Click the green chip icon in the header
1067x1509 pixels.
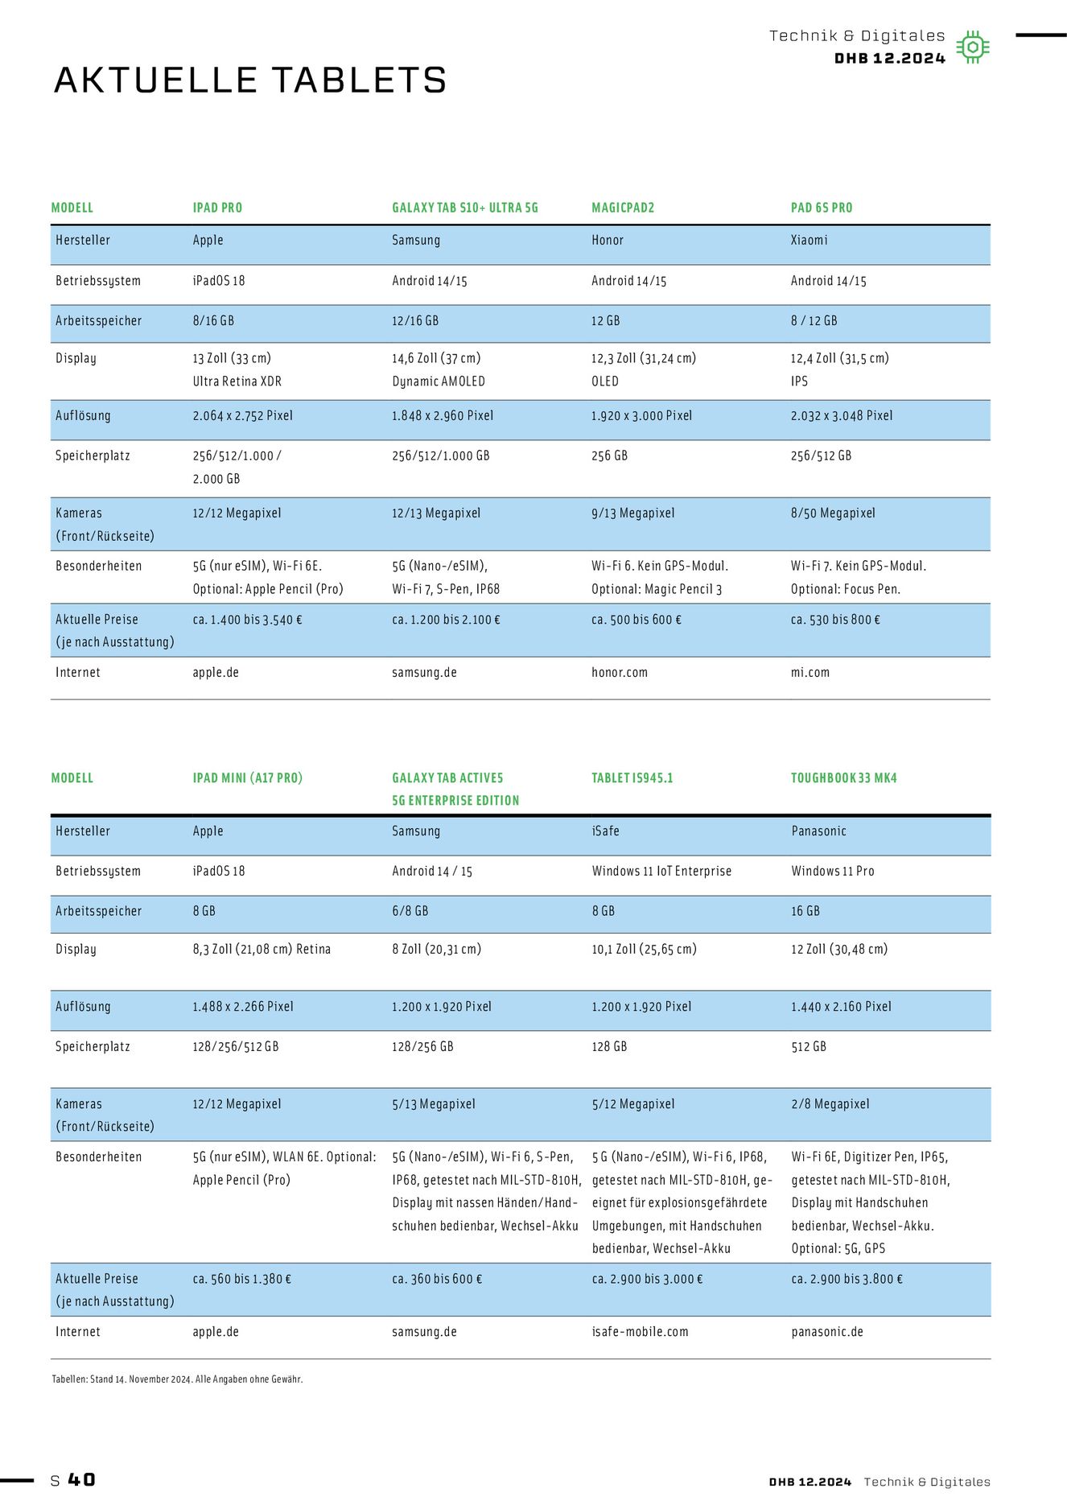pyautogui.click(x=973, y=47)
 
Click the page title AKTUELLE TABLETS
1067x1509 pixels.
pyautogui.click(x=250, y=80)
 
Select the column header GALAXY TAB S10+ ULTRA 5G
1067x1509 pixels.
pyautogui.click(x=464, y=208)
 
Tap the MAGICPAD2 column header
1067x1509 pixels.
pyautogui.click(x=623, y=208)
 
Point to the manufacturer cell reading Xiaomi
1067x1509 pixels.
pyautogui.click(x=809, y=240)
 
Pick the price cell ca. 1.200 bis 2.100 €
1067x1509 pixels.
pyautogui.click(x=446, y=620)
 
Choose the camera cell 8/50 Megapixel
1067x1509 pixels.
pyautogui.click(x=833, y=513)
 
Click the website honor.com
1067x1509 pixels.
pyautogui.click(x=619, y=672)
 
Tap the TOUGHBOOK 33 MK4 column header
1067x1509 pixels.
pyautogui.click(x=843, y=778)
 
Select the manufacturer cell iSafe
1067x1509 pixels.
pyautogui.click(x=605, y=831)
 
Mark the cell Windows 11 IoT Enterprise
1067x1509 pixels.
pyautogui.click(x=661, y=871)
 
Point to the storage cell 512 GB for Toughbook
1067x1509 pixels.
pyautogui.click(x=809, y=1046)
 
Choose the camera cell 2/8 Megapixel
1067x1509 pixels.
pyautogui.click(x=830, y=1103)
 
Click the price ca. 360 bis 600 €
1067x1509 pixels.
pyautogui.click(x=437, y=1279)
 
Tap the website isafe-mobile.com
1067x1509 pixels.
pyautogui.click(x=640, y=1331)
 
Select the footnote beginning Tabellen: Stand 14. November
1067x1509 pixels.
pyautogui.click(x=177, y=1379)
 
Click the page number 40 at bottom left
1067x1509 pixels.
pyautogui.click(x=81, y=1480)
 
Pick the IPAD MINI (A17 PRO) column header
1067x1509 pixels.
pyautogui.click(x=247, y=778)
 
